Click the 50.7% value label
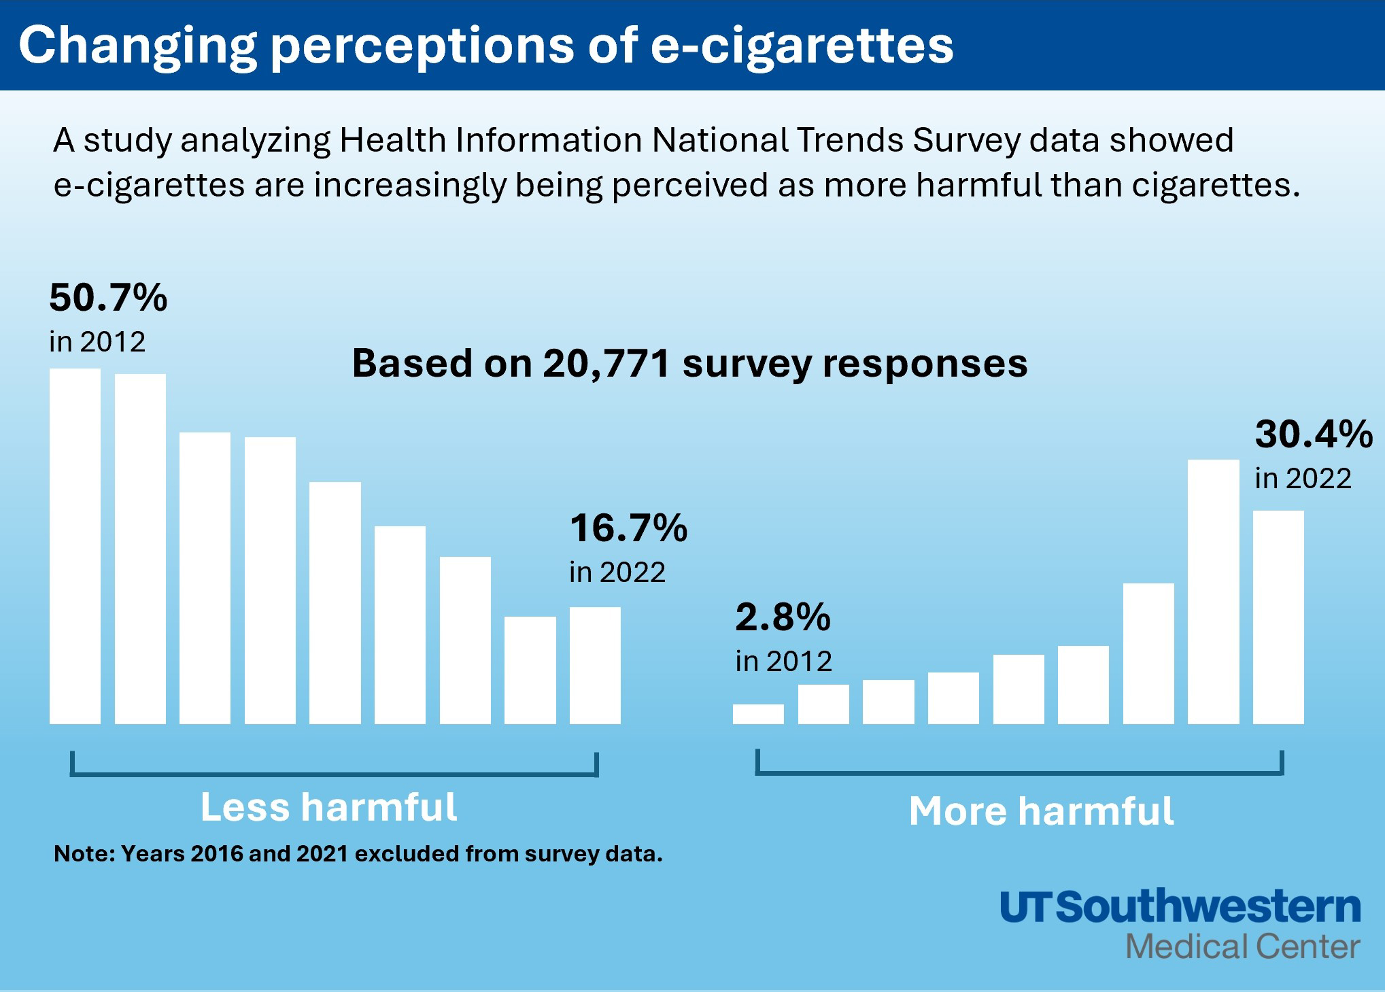click(x=108, y=298)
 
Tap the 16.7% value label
click(x=628, y=528)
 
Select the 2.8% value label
click(x=783, y=617)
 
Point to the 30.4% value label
click(x=1314, y=434)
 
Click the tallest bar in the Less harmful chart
click(x=75, y=546)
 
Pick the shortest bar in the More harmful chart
click(x=758, y=714)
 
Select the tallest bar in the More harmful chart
click(x=1213, y=592)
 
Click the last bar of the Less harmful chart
click(x=595, y=665)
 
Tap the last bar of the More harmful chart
click(x=1278, y=617)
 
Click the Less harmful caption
click(x=328, y=807)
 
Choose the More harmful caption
click(x=1041, y=810)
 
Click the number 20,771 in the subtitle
click(x=606, y=363)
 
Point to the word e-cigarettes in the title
click(x=802, y=46)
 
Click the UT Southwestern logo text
click(x=1180, y=907)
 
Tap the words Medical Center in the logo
click(x=1242, y=946)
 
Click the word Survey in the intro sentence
click(x=966, y=140)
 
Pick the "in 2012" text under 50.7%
click(x=97, y=341)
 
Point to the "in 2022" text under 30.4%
click(x=1303, y=479)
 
